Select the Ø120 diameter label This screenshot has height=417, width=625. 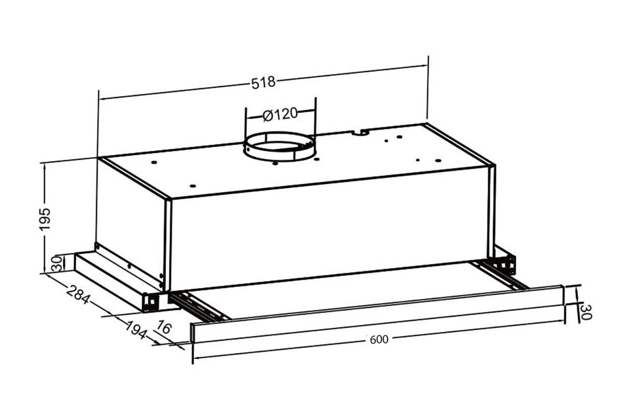pos(281,114)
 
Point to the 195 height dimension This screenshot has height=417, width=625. pos(45,218)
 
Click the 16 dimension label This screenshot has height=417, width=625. pos(164,327)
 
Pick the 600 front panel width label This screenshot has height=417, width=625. pos(379,339)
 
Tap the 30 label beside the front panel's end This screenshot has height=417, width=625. pos(586,312)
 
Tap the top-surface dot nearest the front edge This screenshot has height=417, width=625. pos(192,186)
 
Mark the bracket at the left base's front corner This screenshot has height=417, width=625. pos(151,301)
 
